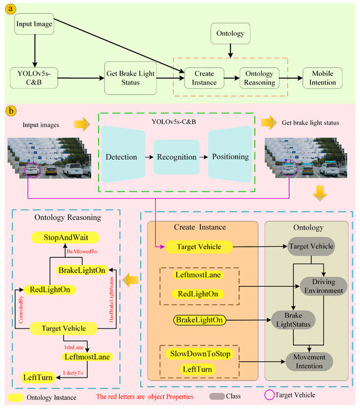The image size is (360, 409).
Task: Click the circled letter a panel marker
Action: pyautogui.click(x=9, y=8)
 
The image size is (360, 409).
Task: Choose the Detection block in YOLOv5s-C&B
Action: pyautogui.click(x=126, y=157)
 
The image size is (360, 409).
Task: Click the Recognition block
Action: pyautogui.click(x=176, y=157)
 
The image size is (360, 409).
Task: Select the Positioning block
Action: pyautogui.click(x=229, y=157)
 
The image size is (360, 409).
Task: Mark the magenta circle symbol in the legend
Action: pyautogui.click(x=278, y=395)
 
